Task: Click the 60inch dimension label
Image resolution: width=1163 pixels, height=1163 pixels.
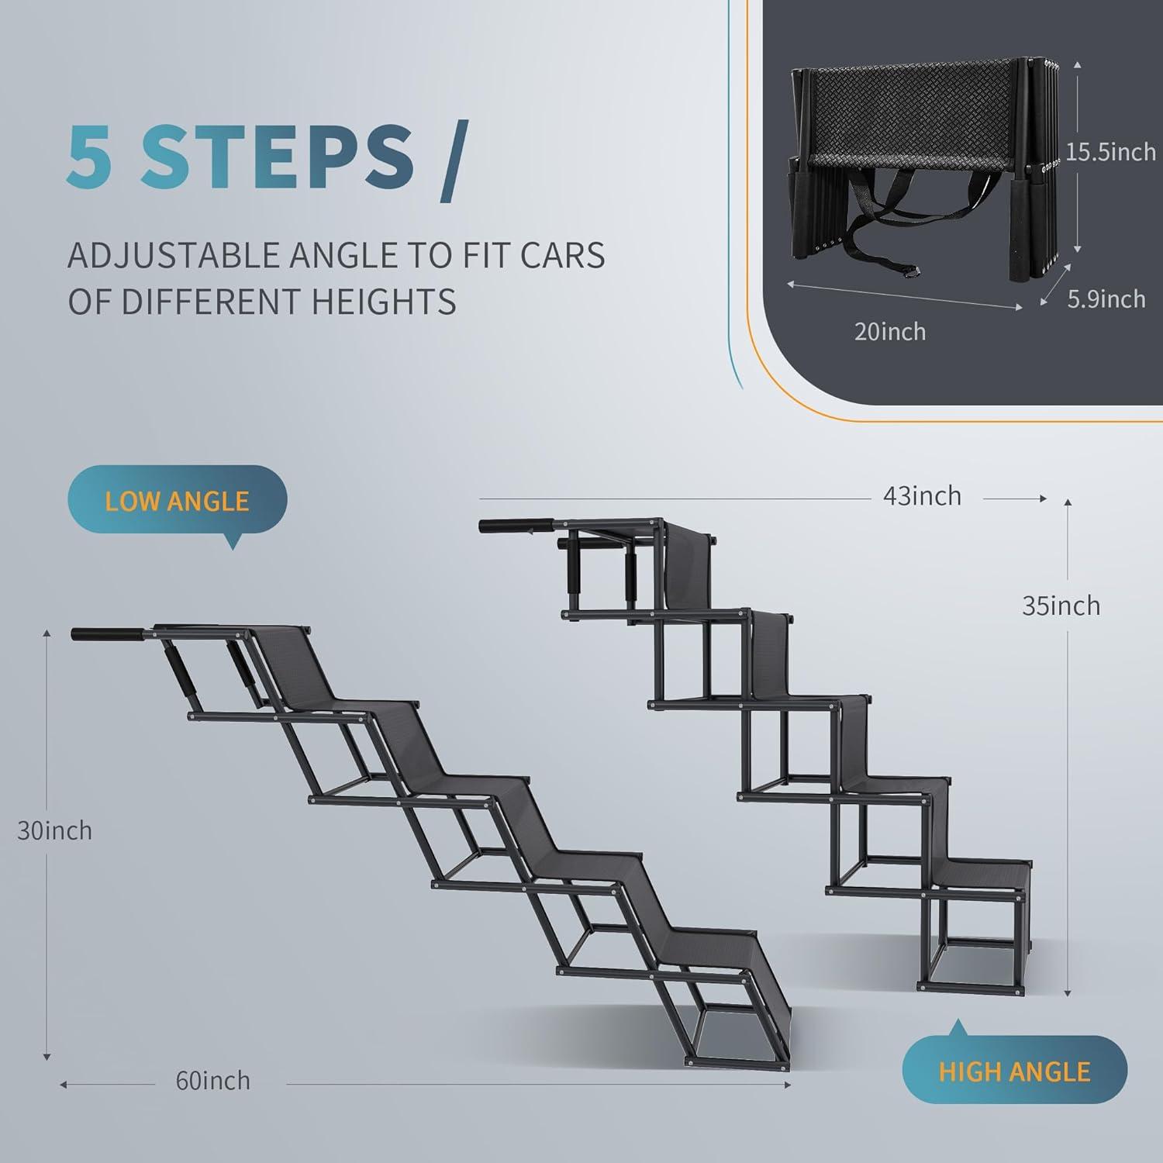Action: (212, 1080)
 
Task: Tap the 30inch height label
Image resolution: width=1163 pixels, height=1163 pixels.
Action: (54, 830)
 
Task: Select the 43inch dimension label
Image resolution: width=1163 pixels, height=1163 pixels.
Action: (922, 495)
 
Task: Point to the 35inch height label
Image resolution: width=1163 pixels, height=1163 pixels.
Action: (1061, 605)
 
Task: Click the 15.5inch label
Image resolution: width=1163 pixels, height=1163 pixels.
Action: (1110, 151)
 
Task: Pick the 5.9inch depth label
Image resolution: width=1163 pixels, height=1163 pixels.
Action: (1106, 299)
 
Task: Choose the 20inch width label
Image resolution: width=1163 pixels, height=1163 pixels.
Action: (889, 331)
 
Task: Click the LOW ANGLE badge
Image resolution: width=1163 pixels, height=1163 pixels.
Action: (177, 500)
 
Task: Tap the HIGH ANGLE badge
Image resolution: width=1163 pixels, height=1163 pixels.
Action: (1014, 1071)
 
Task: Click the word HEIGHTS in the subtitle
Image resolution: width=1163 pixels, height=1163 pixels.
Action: (384, 301)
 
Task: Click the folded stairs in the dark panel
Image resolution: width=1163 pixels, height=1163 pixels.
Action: (919, 167)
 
